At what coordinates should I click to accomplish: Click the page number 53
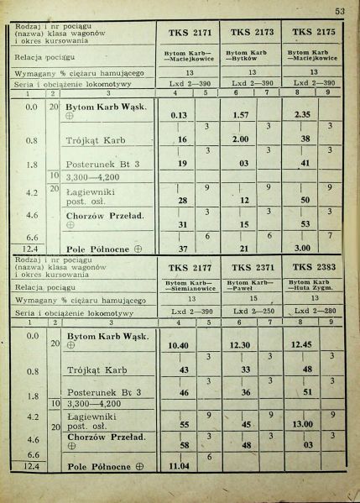click(339, 11)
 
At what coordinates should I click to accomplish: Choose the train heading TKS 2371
click(251, 267)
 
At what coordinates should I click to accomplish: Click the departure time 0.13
click(178, 114)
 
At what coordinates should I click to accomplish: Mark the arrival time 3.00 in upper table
click(303, 249)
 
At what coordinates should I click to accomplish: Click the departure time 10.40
click(178, 345)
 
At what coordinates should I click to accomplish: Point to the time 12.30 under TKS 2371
click(240, 345)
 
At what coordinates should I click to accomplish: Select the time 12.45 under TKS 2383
click(303, 345)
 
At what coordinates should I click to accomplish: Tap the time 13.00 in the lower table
click(303, 424)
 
